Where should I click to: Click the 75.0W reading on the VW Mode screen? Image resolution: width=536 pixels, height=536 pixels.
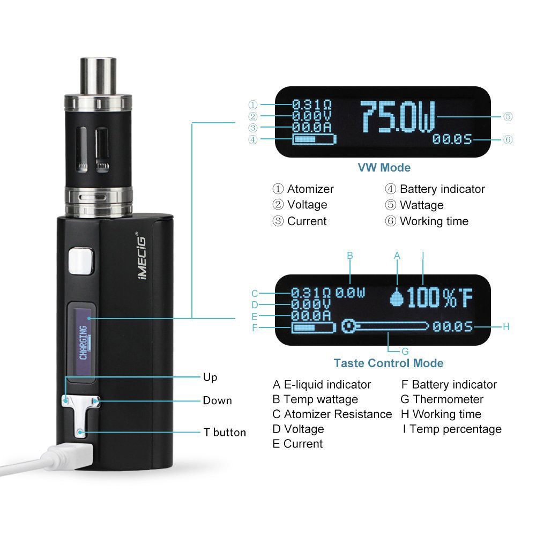click(398, 117)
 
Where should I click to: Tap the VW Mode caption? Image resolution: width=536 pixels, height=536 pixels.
click(384, 167)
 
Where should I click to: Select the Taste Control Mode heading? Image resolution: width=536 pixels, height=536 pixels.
click(388, 363)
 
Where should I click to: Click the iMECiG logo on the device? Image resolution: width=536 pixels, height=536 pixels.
click(142, 256)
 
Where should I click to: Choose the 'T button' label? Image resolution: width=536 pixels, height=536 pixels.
click(225, 433)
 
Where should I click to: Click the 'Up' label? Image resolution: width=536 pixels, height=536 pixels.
click(210, 377)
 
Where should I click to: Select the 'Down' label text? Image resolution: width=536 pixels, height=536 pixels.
click(217, 400)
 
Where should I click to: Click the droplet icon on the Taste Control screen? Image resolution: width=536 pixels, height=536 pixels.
click(397, 297)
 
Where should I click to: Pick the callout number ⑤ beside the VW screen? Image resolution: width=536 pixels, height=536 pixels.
click(508, 116)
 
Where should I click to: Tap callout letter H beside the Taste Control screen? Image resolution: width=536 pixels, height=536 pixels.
click(507, 327)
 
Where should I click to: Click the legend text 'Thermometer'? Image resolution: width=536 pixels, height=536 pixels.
click(448, 399)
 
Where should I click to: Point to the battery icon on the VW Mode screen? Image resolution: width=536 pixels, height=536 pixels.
click(314, 139)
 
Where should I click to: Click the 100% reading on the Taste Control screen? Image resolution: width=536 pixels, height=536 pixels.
click(431, 297)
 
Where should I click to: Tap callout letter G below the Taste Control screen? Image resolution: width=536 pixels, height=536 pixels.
click(405, 351)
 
